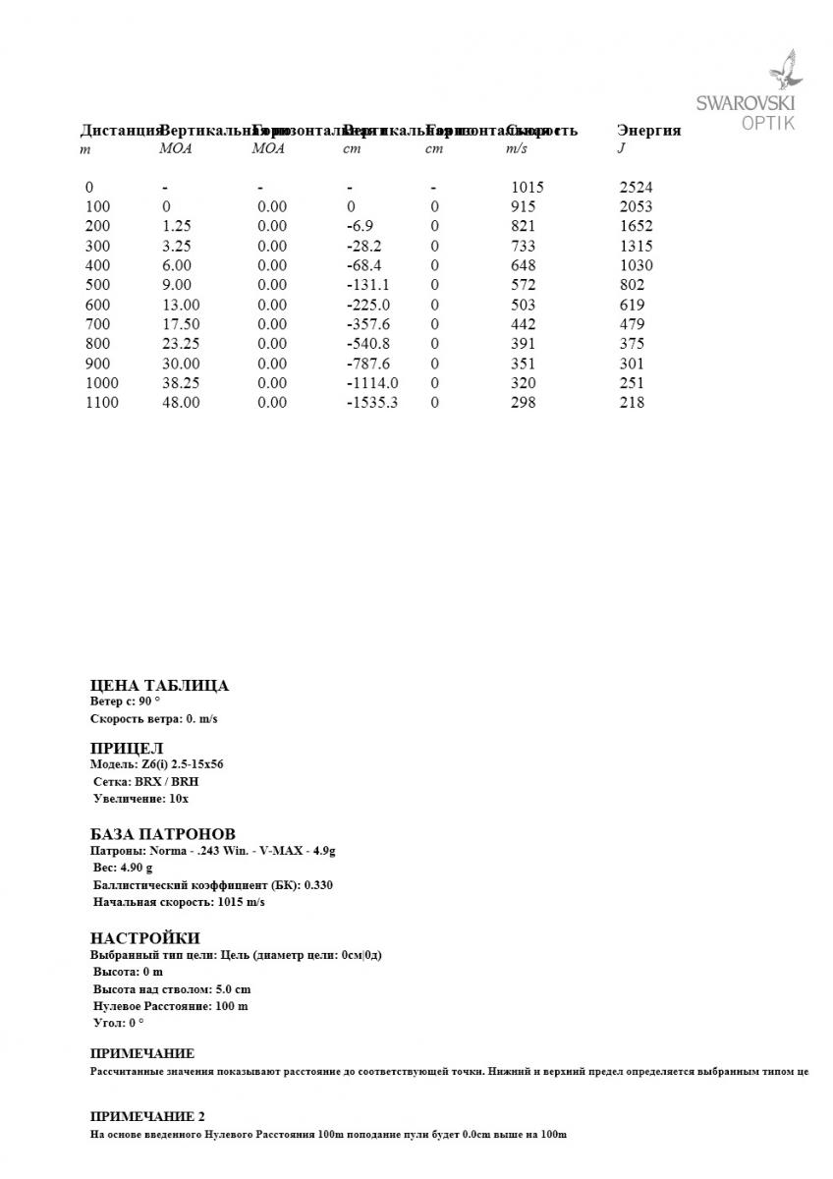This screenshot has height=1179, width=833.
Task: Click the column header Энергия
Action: pos(648,131)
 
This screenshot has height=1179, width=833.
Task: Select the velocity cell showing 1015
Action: pos(527,187)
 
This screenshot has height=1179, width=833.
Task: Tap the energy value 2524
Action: pos(636,187)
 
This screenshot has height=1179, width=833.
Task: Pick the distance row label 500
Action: pos(98,285)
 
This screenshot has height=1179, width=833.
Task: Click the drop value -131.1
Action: pos(367,285)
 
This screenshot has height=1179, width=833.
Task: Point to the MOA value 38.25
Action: pos(180,383)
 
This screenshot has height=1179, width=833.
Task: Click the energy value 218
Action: pos(632,403)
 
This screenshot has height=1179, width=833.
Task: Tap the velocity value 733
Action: pos(523,246)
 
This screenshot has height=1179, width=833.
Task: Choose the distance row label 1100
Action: pos(102,403)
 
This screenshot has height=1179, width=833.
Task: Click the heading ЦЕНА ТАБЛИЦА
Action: pos(159,686)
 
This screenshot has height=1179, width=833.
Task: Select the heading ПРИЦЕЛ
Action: pos(127,749)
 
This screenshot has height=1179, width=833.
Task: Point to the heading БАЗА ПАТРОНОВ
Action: pos(162,833)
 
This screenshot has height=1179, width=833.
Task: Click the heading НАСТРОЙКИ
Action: pos(144,938)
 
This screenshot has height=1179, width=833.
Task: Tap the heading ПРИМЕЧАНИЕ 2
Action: pos(147,1117)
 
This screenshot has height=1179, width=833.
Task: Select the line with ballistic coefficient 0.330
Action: pos(212,885)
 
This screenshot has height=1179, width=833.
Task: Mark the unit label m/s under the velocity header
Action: pos(516,149)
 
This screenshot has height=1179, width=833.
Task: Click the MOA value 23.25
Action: pos(180,344)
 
